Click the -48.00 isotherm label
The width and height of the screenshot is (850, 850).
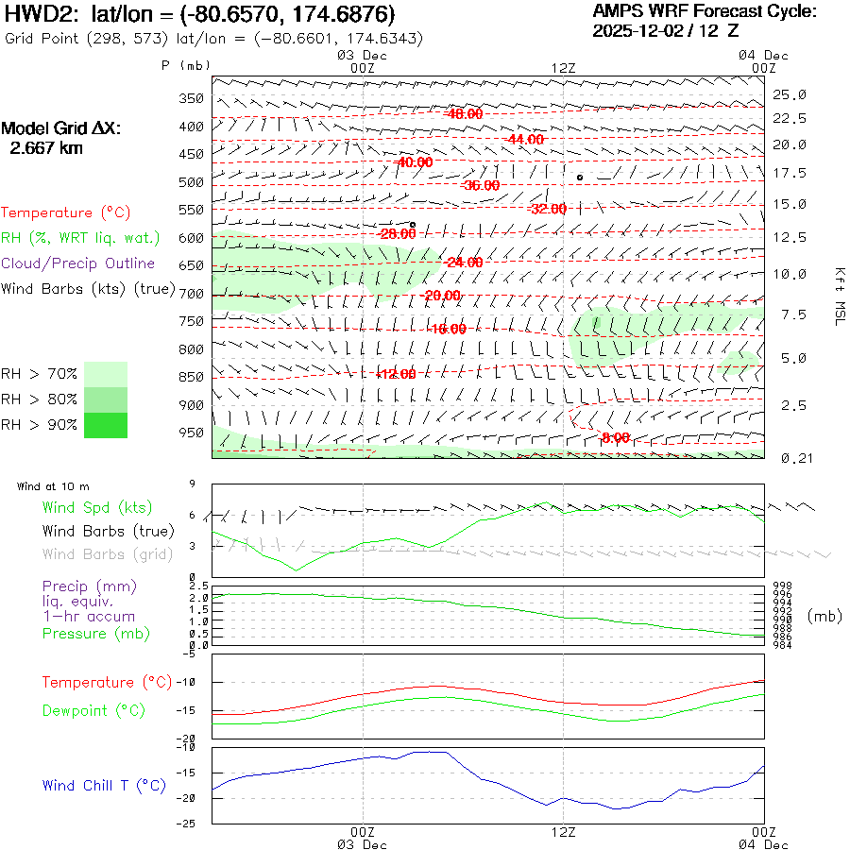coord(464,113)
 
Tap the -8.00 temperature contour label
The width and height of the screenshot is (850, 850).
coord(615,437)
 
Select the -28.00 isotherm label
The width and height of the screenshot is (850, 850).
coord(397,233)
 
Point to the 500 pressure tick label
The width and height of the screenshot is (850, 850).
coord(191,182)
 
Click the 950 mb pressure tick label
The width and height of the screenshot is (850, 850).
coord(191,433)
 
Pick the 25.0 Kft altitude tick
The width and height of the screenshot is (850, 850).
coord(790,94)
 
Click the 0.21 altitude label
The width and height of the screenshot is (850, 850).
coord(790,458)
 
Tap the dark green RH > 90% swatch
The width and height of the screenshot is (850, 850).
coord(105,425)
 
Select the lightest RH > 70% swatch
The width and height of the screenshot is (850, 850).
coord(105,374)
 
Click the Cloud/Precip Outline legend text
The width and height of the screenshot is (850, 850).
coord(78,263)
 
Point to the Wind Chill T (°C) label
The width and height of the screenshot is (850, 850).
coord(104,786)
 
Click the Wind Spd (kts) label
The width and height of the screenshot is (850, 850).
coord(97,508)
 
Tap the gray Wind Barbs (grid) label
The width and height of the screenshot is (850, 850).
coord(108,554)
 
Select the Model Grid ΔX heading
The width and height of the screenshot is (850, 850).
coord(61,128)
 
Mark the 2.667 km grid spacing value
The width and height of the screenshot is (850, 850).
coord(45,148)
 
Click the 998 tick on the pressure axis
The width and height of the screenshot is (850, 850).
coord(783,586)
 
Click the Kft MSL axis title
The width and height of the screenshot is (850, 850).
coord(837,295)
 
